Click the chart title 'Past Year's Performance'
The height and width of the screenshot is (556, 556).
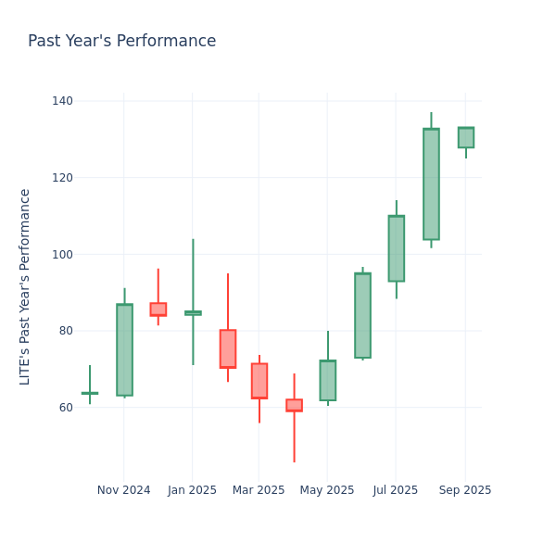pyautogui.click(x=121, y=42)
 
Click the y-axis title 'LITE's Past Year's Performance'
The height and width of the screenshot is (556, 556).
pyautogui.click(x=25, y=286)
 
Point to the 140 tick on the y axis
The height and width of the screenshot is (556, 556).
pyautogui.click(x=62, y=101)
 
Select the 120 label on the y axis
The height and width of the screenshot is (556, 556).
pyautogui.click(x=62, y=178)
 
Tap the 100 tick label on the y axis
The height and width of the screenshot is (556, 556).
pyautogui.click(x=62, y=255)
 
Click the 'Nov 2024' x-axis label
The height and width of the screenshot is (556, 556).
pyautogui.click(x=123, y=490)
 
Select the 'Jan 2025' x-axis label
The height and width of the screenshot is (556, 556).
pyautogui.click(x=192, y=490)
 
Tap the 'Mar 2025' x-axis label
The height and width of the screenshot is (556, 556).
pyautogui.click(x=259, y=490)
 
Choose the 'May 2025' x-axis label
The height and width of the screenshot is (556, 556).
pyautogui.click(x=327, y=490)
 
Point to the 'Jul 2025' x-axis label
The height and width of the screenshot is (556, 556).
pyautogui.click(x=396, y=490)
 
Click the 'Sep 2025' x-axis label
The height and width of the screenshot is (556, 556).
pyautogui.click(x=465, y=490)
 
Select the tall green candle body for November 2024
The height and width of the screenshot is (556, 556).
pyautogui.click(x=124, y=350)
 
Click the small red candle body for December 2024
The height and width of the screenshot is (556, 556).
pyautogui.click(x=158, y=310)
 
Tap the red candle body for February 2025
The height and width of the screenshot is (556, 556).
pyautogui.click(x=228, y=349)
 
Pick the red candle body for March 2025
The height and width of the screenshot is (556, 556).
pyautogui.click(x=259, y=381)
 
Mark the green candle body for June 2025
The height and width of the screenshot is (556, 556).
pyautogui.click(x=362, y=315)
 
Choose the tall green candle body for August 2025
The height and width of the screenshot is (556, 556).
pyautogui.click(x=431, y=184)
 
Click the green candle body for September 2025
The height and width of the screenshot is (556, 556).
pyautogui.click(x=465, y=137)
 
